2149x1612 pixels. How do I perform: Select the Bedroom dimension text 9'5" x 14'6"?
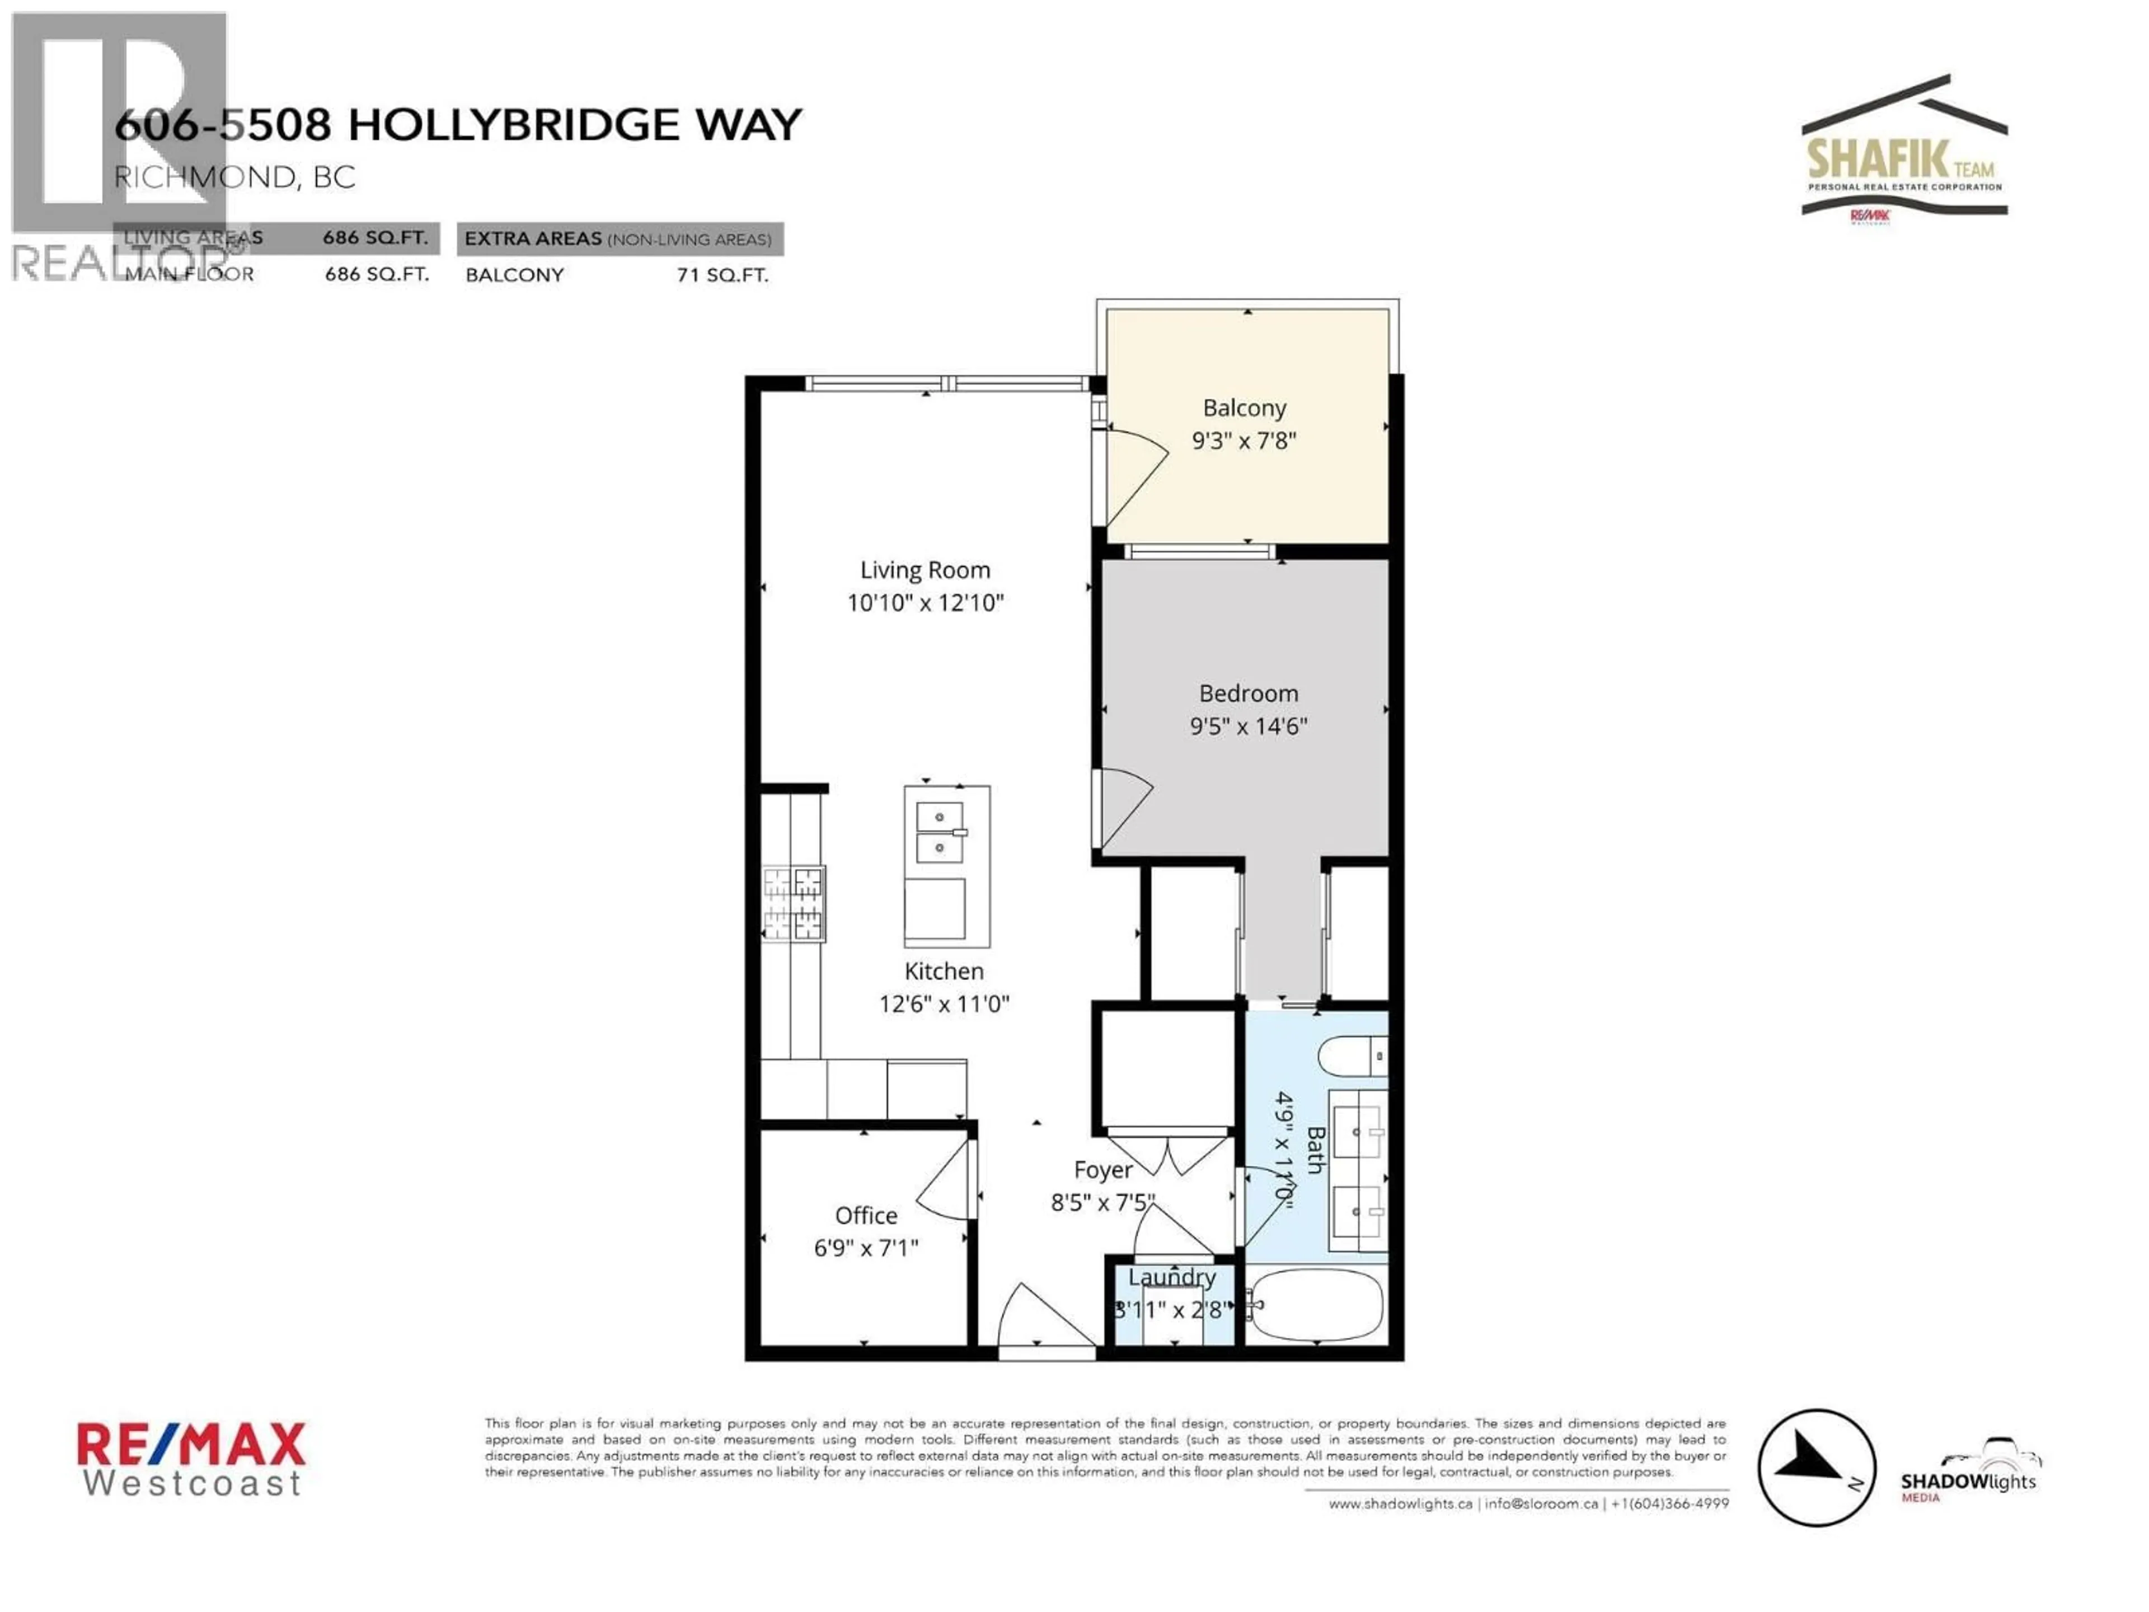click(x=1249, y=726)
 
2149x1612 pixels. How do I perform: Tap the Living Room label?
click(x=925, y=570)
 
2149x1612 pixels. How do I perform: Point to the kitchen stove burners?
click(x=794, y=903)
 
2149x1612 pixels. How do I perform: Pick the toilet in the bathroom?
click(x=1352, y=1056)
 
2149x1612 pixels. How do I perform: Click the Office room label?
click(x=866, y=1216)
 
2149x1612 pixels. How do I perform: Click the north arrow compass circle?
click(x=1816, y=1467)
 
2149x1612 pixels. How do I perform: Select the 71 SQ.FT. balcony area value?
click(x=722, y=275)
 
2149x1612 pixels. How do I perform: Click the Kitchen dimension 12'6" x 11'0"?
click(x=944, y=1004)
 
